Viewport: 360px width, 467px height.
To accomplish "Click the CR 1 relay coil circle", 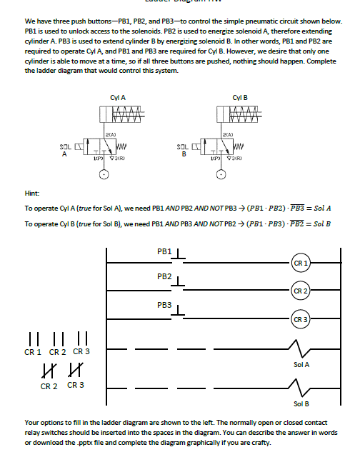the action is click(301, 265).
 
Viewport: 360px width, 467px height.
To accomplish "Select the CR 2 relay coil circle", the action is click(301, 291).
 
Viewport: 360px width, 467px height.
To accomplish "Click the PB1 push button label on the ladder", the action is click(164, 251).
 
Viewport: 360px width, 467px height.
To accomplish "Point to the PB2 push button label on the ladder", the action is click(164, 277).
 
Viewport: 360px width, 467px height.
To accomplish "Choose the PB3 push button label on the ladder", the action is click(164, 305).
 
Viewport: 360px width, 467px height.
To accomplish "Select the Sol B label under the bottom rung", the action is click(301, 403).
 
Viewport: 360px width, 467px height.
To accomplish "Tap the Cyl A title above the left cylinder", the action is click(119, 96).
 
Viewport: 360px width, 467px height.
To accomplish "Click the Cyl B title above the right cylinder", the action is click(240, 96).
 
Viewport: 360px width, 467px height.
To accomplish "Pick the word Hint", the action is click(33, 192).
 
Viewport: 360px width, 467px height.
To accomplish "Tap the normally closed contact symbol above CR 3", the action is click(74, 370).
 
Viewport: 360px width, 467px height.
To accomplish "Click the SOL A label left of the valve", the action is click(66, 151).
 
